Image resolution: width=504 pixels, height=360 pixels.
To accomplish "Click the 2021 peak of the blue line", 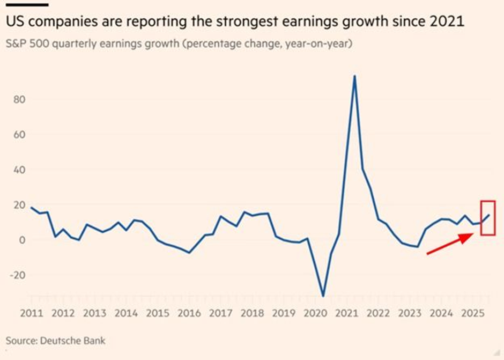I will pos(354,76).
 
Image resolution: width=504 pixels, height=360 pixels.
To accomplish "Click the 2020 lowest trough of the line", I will pos(323,296).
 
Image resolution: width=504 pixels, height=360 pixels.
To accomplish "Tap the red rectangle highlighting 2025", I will pos(488,217).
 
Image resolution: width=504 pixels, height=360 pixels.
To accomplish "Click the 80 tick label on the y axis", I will pos(19,99).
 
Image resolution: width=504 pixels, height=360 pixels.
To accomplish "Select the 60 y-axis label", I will pos(19,134).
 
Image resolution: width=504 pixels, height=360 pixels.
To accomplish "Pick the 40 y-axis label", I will pos(19,170).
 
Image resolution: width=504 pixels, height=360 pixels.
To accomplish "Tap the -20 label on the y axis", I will pos(17,275).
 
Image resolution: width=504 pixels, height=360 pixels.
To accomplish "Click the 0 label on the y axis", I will pos(23,239).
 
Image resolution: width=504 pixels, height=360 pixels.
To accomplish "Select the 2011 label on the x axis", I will pos(31,313).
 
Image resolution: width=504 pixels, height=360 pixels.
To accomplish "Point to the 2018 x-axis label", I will pos(252,313).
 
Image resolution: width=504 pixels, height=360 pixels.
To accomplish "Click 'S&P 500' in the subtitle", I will pos(24,44).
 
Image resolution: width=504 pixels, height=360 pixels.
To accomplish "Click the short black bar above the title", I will pos(27,4).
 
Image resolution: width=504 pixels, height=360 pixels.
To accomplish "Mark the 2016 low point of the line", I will pos(189,252).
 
